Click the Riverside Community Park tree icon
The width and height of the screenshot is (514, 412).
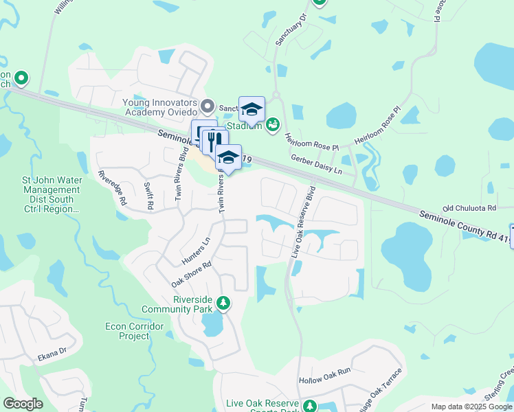click(223, 303)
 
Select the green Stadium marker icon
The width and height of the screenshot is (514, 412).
click(273, 124)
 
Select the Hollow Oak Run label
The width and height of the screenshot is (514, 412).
click(324, 380)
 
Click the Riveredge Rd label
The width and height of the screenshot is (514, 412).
click(112, 189)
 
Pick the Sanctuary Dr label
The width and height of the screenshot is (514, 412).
click(289, 32)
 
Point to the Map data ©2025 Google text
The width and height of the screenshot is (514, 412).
click(471, 407)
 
